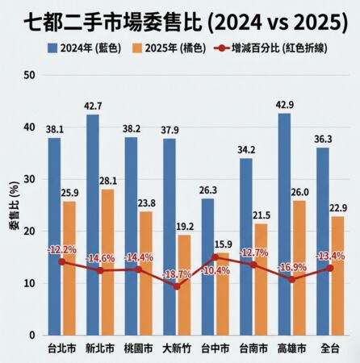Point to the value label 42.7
pos(93,106)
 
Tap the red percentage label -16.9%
pos(291,267)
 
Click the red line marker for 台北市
pos(62,261)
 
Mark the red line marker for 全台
pos(329,268)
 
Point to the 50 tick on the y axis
pos(30,76)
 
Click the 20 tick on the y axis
pos(30,232)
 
